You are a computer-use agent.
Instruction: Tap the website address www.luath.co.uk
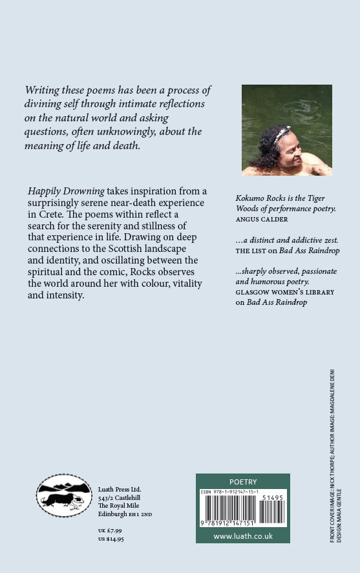point(242,536)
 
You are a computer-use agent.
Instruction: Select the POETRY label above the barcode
point(243,482)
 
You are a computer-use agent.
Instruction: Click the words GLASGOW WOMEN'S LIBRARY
point(285,292)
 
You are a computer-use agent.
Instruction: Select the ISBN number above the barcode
point(231,492)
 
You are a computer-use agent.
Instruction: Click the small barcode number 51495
point(274,497)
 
